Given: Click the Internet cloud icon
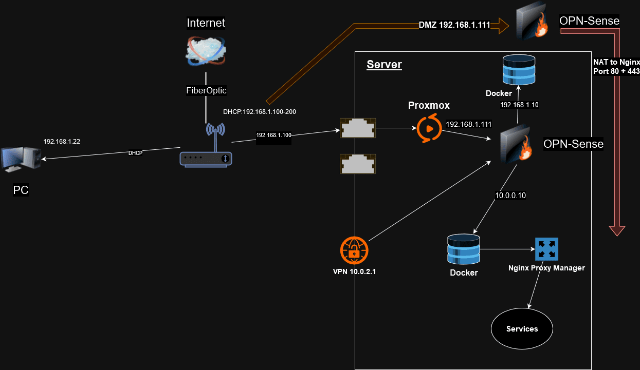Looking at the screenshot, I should [206, 50].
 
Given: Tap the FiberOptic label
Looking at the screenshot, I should [206, 90].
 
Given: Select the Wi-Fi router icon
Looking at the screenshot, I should [206, 149].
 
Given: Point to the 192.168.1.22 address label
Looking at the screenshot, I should [62, 141].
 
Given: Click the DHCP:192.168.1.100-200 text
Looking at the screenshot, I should [259, 111].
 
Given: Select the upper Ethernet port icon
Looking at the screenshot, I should [358, 128].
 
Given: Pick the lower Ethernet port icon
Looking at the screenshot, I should [358, 163].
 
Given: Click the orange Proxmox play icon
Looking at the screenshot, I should [429, 129].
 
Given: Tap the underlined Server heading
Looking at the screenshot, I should [384, 65].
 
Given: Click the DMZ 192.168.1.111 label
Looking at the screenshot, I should [454, 25].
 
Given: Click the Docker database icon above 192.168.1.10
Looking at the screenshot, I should [518, 70].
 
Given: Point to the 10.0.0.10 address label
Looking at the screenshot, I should [510, 195].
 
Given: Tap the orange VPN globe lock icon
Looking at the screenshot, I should [354, 250].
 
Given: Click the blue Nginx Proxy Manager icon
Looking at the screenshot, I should [546, 249].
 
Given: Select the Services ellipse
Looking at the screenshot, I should [522, 329].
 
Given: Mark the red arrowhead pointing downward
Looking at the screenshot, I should [616, 230].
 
